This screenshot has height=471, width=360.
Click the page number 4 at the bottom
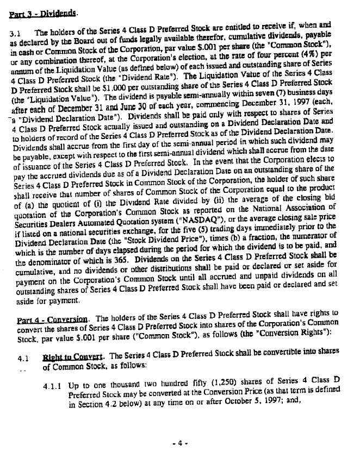[x=180, y=443]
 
